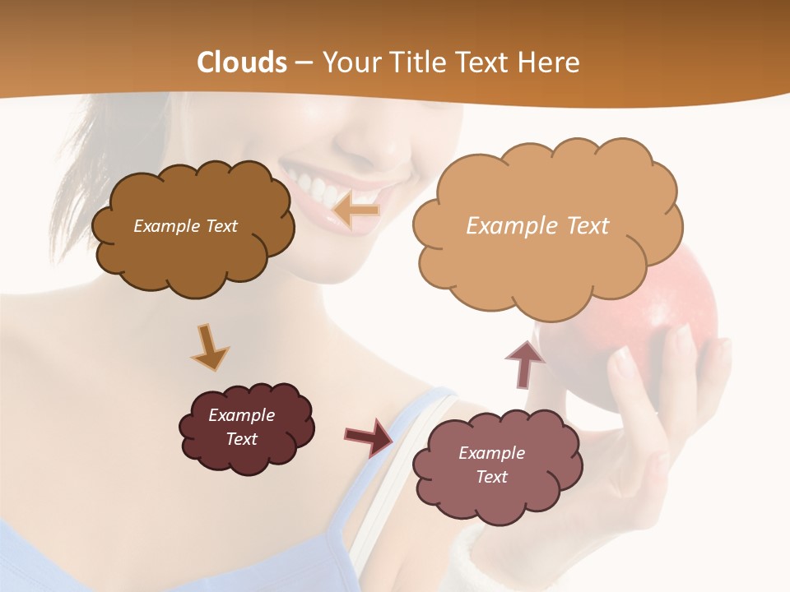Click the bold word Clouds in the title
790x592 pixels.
click(x=242, y=62)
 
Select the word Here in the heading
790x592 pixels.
click(x=549, y=62)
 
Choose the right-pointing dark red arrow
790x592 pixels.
click(x=369, y=437)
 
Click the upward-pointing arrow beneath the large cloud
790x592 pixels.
click(x=524, y=363)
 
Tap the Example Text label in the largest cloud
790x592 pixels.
click(x=537, y=226)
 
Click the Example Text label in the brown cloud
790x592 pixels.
click(x=185, y=226)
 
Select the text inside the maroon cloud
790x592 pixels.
click(x=241, y=427)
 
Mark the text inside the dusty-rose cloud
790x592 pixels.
click(x=491, y=465)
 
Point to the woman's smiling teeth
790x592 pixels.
click(x=317, y=185)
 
